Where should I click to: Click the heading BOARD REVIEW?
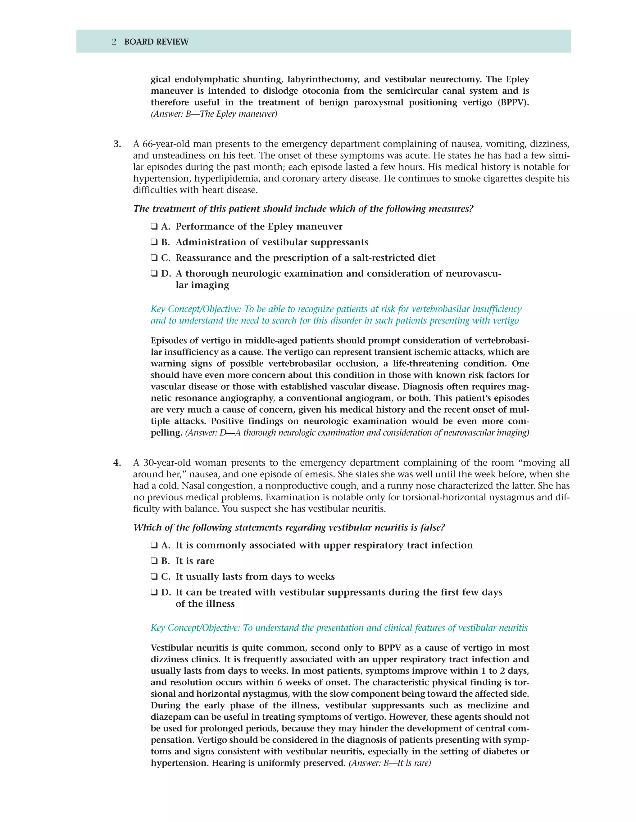click(x=157, y=42)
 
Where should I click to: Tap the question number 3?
click(x=117, y=144)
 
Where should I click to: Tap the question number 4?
click(x=117, y=463)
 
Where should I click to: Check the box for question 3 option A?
click(x=154, y=226)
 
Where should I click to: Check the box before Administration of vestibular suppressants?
click(x=154, y=242)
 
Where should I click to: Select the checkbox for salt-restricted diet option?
click(x=154, y=258)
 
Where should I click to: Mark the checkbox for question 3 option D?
click(x=154, y=274)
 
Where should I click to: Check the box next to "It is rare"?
click(x=154, y=561)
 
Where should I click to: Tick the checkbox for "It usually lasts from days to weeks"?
click(x=154, y=577)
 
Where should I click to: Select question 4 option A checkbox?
click(x=154, y=545)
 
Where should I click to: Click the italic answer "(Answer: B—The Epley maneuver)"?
click(x=214, y=114)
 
